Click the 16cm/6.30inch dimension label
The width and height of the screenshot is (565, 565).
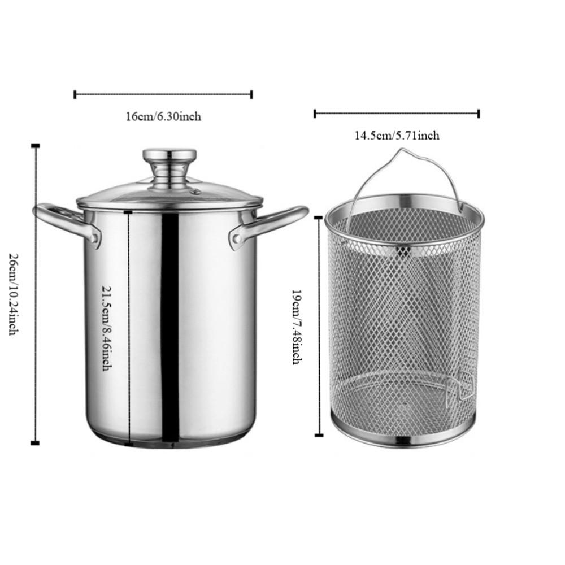[163, 117]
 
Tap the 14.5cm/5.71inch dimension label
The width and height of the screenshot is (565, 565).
[397, 136]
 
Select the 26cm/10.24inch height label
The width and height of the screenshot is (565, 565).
[13, 294]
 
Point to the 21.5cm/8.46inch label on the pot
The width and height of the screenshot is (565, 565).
[106, 327]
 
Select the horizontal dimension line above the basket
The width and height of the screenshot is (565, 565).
[397, 114]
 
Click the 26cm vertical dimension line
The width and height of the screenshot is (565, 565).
[36, 294]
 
